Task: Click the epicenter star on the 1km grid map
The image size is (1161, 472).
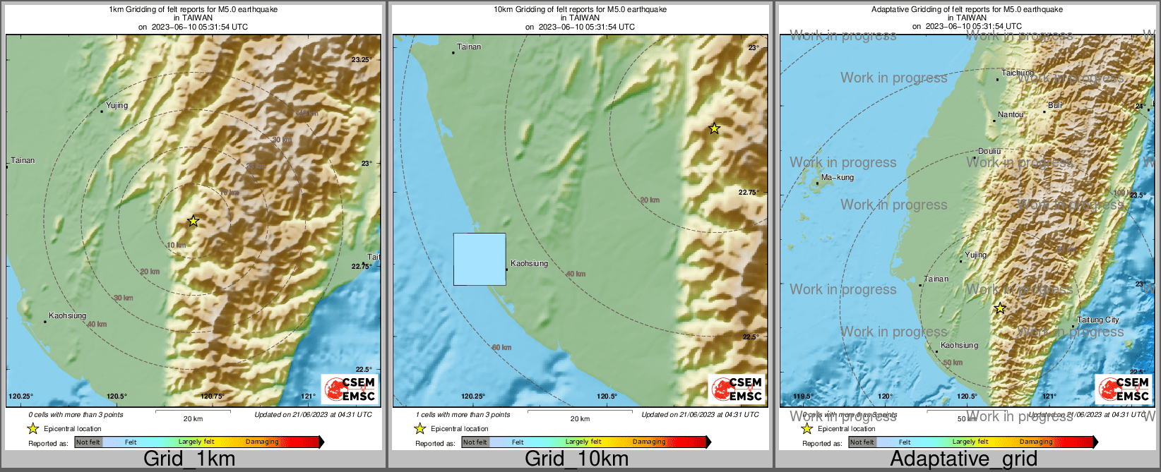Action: click(194, 221)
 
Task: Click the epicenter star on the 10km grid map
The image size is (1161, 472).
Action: click(714, 128)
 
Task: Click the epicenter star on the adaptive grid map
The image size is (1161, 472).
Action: click(999, 308)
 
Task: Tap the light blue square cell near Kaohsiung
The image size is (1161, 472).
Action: click(480, 259)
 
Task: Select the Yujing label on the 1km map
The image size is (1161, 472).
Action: click(117, 105)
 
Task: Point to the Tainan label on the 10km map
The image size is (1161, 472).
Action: click(469, 47)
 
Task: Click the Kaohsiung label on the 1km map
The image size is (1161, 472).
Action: click(68, 315)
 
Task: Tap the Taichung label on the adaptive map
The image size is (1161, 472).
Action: click(1018, 73)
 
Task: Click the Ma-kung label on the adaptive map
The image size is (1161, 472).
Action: click(838, 177)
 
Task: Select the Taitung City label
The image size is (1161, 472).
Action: click(1098, 320)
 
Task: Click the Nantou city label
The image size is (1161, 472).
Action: click(1011, 114)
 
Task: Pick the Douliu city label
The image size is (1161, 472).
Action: click(989, 151)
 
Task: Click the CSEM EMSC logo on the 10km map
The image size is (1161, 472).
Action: click(737, 389)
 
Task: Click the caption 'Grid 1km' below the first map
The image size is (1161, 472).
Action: click(189, 459)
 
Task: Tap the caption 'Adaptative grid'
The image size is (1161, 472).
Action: click(963, 459)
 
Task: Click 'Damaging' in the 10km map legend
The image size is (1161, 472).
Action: click(649, 442)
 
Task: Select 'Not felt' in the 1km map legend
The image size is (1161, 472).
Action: click(88, 442)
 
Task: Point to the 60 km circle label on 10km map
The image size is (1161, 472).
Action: click(501, 347)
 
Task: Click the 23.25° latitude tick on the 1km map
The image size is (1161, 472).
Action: click(361, 60)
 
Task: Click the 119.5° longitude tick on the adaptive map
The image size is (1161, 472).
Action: click(803, 397)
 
